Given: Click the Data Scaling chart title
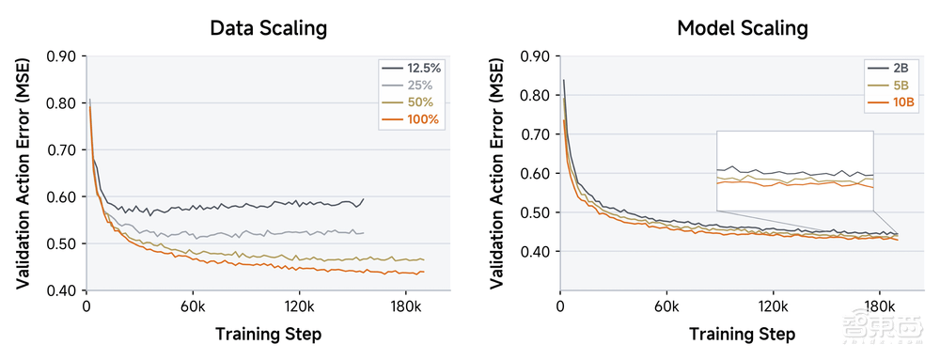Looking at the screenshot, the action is (269, 28).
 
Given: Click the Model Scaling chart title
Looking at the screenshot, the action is (743, 28).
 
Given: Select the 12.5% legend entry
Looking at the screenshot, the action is (412, 68).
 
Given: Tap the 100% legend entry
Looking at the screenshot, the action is (412, 120).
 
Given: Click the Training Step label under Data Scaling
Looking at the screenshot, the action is (268, 334).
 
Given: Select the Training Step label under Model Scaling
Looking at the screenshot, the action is (742, 334).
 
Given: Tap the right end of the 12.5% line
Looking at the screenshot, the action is (363, 199).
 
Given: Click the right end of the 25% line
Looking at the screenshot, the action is (363, 232).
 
